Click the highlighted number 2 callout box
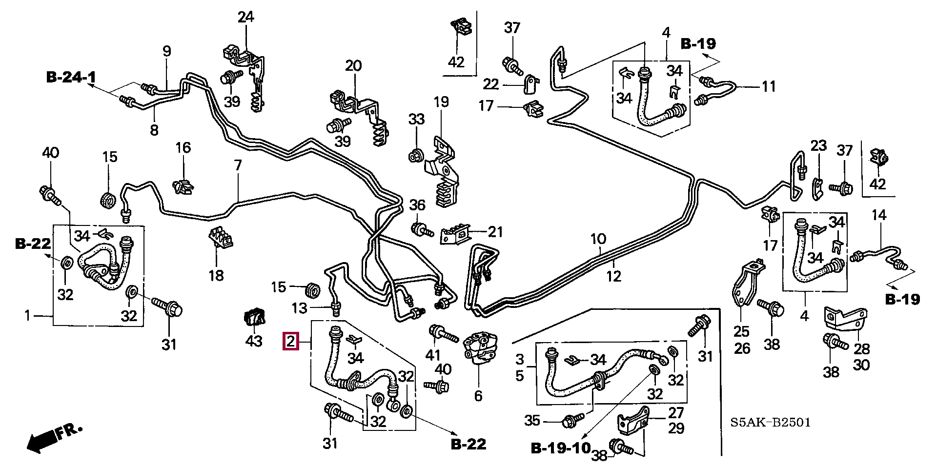pos(291,341)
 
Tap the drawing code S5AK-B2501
pos(770,422)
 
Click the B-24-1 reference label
pos(71,77)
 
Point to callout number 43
pos(254,341)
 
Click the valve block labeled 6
pos(480,348)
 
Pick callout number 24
pos(246,18)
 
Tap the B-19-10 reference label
pos(560,448)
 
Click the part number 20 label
pos(353,65)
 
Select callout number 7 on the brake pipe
pos(238,165)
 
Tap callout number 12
pos(614,276)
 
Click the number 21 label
pos(495,231)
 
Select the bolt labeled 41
pos(442,335)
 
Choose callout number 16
pos(183,147)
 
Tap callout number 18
pos(216,276)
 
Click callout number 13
pos(300,308)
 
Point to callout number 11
pos(769,87)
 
